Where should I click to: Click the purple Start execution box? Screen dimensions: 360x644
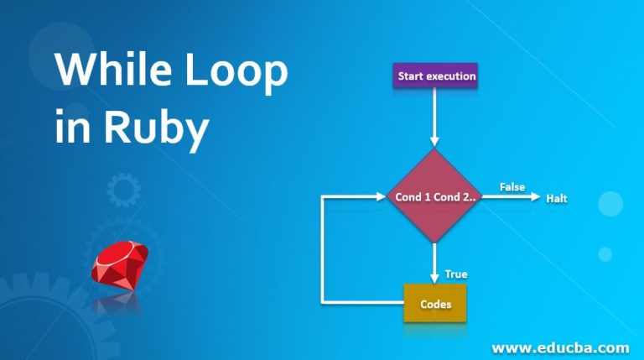coord(436,76)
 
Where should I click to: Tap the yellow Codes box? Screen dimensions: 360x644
coord(435,304)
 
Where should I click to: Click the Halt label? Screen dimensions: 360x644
coord(557,198)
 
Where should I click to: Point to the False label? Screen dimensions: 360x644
coord(512,186)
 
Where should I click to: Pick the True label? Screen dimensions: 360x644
coord(456,274)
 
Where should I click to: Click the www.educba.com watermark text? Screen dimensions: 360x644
coord(560,347)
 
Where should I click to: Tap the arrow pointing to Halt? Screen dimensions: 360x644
coord(512,197)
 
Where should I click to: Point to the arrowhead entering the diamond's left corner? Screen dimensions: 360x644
coord(380,197)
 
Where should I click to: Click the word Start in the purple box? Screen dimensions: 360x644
coord(411,76)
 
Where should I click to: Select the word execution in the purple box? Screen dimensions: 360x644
coord(451,76)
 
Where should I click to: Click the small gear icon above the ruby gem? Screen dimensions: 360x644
coord(123,190)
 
